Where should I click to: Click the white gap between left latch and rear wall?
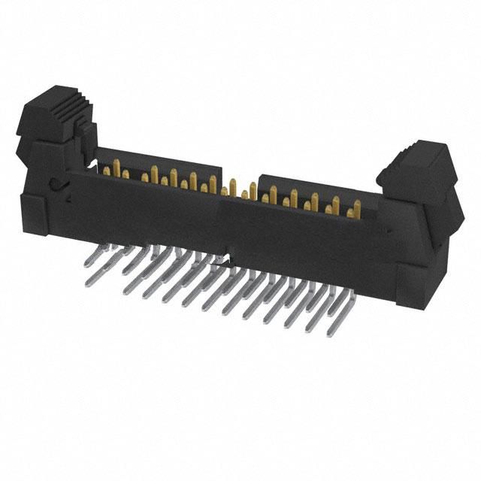tap(92, 162)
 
